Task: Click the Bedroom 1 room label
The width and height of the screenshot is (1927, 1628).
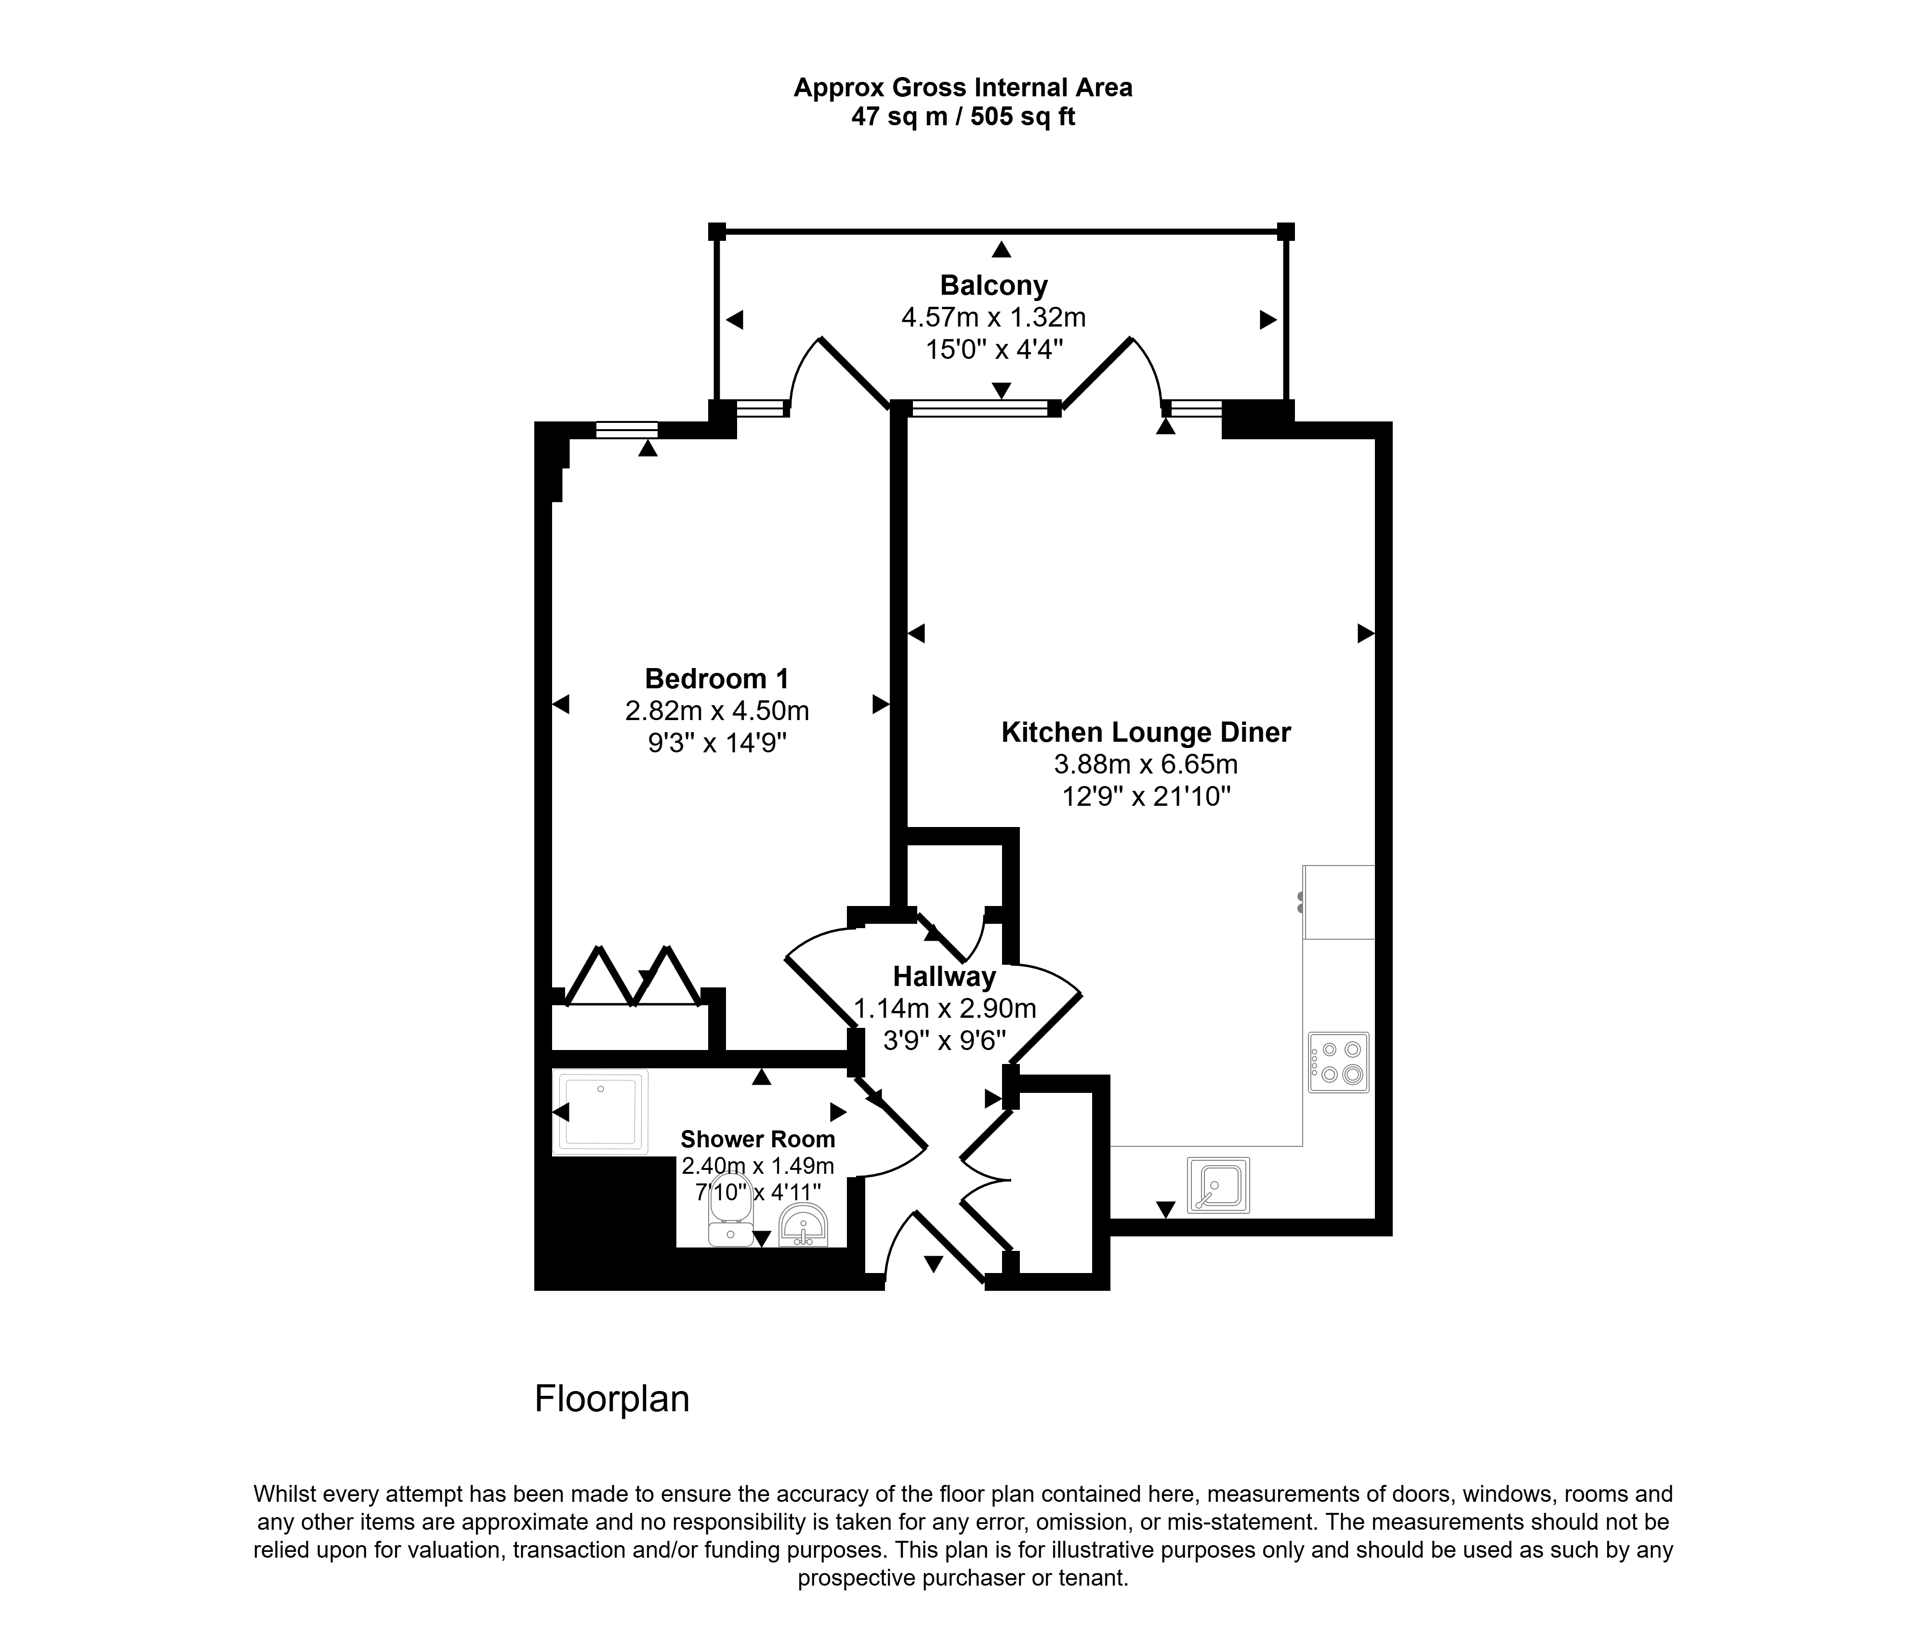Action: (717, 679)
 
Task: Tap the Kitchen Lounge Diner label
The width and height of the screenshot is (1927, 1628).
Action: (1146, 733)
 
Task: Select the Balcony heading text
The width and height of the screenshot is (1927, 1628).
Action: (994, 286)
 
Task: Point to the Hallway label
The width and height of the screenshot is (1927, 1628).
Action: (944, 976)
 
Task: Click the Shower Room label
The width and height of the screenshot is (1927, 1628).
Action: (758, 1140)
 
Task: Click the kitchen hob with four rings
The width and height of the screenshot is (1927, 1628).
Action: (1338, 1062)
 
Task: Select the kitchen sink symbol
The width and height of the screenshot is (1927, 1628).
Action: (1218, 1185)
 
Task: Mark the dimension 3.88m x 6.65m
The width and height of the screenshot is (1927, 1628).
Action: (1146, 764)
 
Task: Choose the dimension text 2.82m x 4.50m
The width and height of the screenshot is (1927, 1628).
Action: (717, 710)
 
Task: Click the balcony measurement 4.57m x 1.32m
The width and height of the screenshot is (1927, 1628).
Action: (994, 317)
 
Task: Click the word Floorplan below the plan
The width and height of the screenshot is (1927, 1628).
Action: (612, 1399)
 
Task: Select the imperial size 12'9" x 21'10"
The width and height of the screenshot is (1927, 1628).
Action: (1146, 796)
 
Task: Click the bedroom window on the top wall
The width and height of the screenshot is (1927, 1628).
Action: (627, 429)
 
